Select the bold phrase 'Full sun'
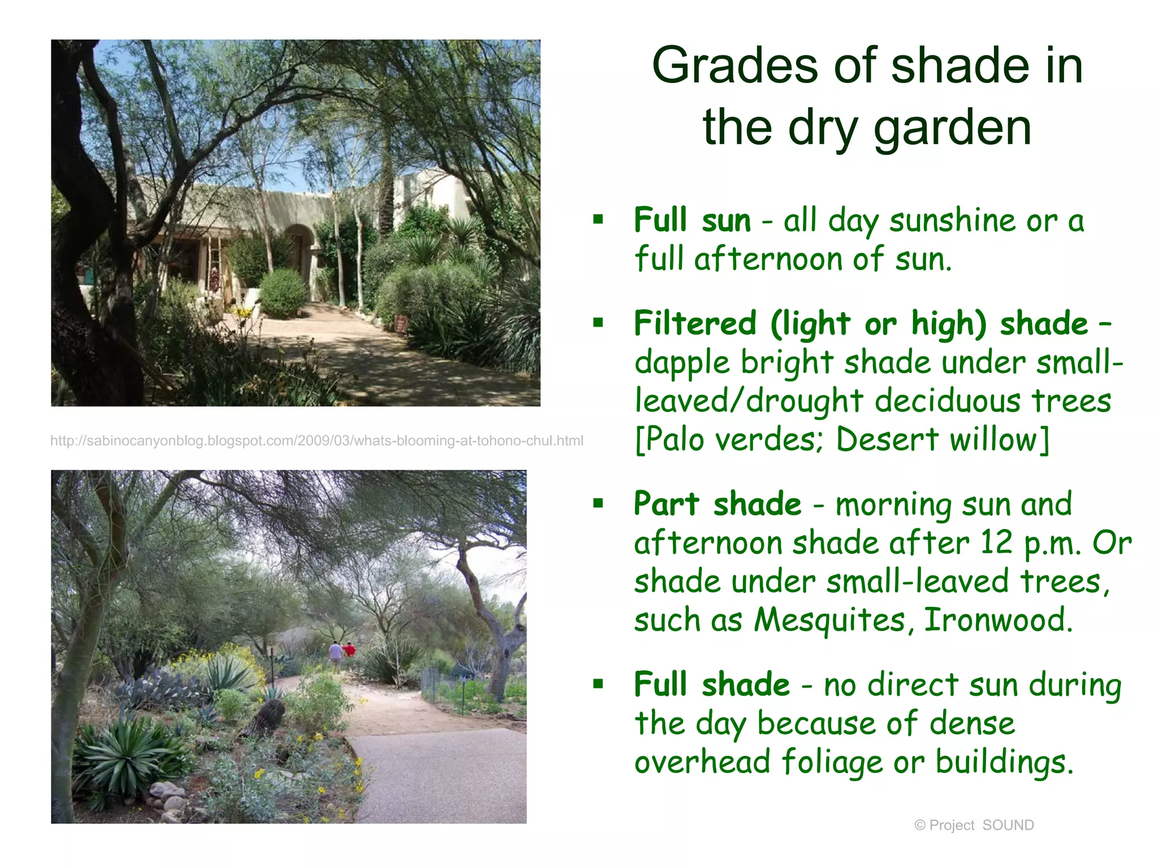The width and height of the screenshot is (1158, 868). [x=692, y=220]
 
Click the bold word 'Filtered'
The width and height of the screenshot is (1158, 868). [x=695, y=324]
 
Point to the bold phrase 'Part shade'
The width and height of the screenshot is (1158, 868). [x=717, y=504]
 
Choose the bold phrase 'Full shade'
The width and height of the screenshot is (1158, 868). [x=711, y=685]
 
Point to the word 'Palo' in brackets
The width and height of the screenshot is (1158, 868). [x=676, y=440]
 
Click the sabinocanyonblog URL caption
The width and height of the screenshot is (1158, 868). [x=317, y=441]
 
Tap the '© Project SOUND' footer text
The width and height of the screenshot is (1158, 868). [x=974, y=826]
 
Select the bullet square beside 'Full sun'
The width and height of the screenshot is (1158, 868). [x=598, y=219]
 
